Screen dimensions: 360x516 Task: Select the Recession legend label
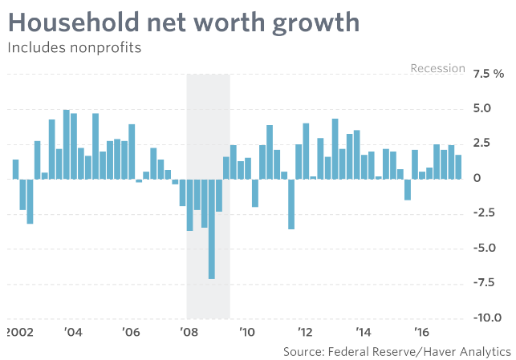click(x=437, y=68)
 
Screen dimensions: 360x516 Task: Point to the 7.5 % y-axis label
click(x=488, y=74)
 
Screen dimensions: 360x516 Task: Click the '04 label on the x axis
click(x=73, y=332)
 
